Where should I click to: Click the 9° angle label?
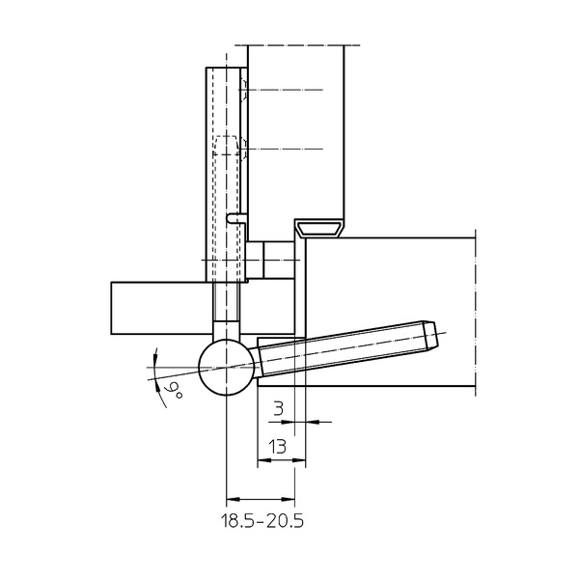coord(175,392)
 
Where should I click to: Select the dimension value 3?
coord(279,409)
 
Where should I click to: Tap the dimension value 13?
coord(278,447)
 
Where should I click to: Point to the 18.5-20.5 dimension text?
coord(262,521)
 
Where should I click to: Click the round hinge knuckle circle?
coord(227,368)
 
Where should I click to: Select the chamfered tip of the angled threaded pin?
coord(430,336)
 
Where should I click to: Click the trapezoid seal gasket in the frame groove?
coord(319,228)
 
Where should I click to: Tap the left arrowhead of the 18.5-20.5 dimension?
coord(233,499)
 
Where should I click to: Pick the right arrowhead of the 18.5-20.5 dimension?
coord(288,499)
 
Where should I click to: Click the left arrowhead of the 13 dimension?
coord(264,460)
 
